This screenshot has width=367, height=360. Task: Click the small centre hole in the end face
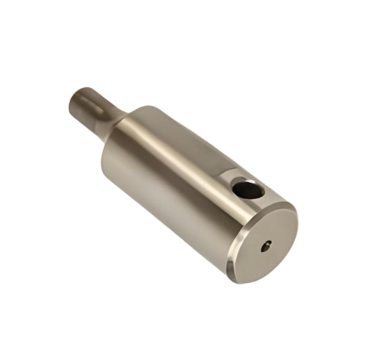click(266, 245)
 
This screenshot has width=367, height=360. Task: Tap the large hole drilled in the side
click(248, 190)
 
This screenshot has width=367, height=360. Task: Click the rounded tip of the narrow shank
click(76, 101)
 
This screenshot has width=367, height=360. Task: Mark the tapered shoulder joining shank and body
click(122, 125)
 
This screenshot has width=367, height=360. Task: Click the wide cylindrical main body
click(176, 184)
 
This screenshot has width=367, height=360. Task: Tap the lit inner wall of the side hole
click(255, 192)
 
